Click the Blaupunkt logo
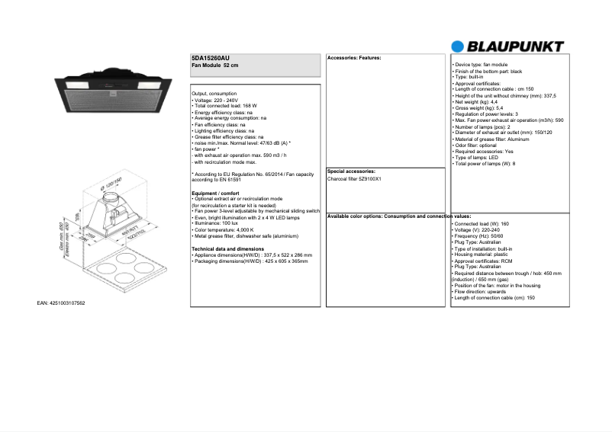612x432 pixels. pos(507,46)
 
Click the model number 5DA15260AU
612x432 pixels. pos(210,59)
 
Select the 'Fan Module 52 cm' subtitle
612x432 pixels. pos(215,66)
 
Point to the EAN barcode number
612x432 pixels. pos(61,303)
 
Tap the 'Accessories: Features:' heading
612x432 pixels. pos(354,58)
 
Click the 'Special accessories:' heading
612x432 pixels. pos(350,171)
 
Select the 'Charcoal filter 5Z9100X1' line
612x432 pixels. pos(354,179)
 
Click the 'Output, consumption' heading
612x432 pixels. pos(214,93)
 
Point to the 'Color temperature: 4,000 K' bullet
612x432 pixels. pos(224,229)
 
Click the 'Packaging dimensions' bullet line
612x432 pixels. pos(250,261)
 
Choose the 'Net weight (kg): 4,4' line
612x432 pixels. pos(475,101)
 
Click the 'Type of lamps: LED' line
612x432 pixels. pos(477,158)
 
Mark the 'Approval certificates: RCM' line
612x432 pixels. pos(485,261)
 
